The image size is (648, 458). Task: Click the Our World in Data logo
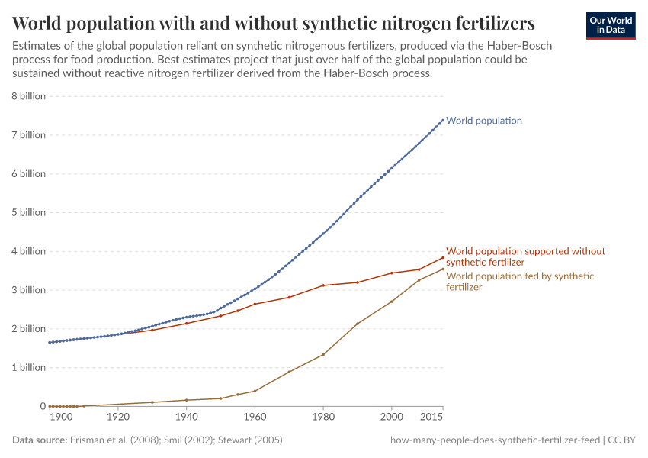coord(610,25)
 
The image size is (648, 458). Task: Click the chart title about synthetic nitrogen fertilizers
coord(273,21)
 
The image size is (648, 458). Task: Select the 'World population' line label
coord(483,121)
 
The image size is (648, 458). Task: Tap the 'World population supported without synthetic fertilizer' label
coord(524,256)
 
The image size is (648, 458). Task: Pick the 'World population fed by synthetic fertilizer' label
coord(519,282)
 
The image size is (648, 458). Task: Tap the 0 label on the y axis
coord(43,406)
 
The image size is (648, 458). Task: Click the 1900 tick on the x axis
coord(61,418)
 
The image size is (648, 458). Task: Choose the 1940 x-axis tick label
coord(186,418)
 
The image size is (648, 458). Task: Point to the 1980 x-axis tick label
coord(323,418)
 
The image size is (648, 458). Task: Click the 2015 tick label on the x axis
coord(431,418)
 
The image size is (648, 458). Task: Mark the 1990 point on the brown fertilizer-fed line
coord(358,324)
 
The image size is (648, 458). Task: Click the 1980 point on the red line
coord(323,285)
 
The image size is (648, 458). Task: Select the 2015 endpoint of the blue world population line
coord(443,119)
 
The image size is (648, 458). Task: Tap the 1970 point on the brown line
coord(289,372)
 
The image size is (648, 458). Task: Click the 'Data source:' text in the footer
coord(40,440)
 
